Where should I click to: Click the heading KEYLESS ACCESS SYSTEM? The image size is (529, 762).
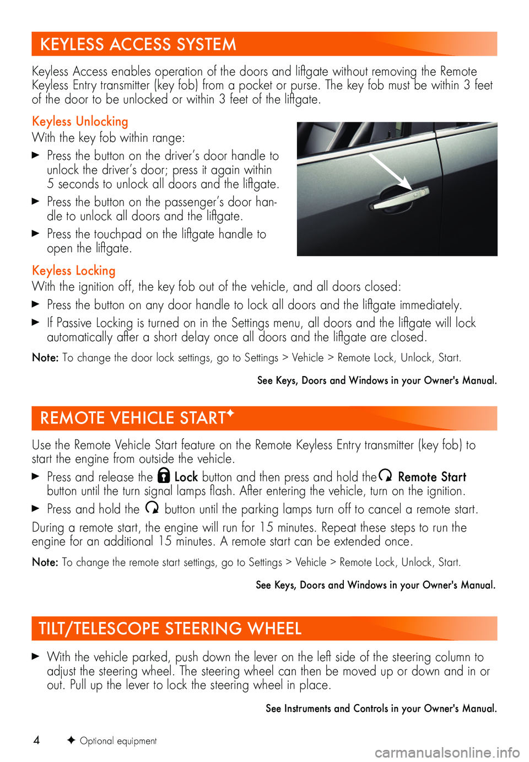138,44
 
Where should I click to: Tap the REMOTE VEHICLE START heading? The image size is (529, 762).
132,418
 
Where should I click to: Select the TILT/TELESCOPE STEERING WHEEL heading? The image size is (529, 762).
170,629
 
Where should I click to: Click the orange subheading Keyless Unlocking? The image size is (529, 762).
80,121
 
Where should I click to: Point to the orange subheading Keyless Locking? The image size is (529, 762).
74,271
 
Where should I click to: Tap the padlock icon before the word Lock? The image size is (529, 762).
164,476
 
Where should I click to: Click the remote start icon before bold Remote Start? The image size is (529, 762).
386,475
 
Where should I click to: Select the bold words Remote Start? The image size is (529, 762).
432,477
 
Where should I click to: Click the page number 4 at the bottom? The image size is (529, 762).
36,740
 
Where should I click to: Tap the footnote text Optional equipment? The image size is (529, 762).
118,741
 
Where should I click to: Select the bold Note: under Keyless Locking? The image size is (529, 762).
45,358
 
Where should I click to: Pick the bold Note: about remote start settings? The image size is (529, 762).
45,562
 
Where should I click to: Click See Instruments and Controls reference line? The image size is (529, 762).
381,709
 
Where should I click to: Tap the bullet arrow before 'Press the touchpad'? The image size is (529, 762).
36,233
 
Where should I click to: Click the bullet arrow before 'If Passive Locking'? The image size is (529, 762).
36,322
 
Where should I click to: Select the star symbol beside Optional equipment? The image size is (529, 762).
71,740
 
